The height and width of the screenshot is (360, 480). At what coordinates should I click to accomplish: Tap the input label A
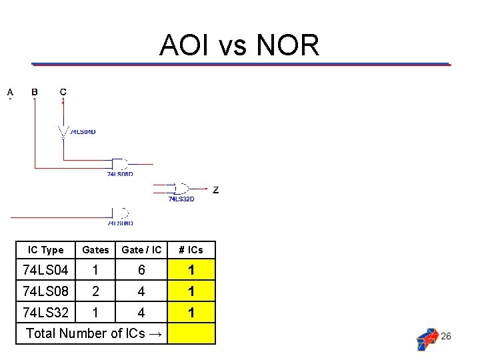tap(10, 92)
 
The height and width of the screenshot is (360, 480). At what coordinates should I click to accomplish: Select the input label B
tap(35, 92)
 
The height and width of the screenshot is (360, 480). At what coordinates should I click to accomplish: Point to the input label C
tap(63, 92)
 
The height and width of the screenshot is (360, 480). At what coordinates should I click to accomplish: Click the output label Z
tap(215, 190)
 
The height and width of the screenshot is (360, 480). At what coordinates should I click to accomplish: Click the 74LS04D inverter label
tap(83, 132)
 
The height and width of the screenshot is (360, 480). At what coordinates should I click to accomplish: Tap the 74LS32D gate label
tap(181, 199)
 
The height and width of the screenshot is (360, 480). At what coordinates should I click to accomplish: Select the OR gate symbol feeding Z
tap(179, 189)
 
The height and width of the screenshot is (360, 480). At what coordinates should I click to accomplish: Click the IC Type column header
tap(45, 250)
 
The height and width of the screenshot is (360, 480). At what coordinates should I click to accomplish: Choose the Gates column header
tap(95, 250)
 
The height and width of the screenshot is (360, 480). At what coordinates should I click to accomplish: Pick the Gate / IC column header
tap(141, 250)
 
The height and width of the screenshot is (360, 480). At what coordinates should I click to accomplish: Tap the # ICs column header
tap(191, 250)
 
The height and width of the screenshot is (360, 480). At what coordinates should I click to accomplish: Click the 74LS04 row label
tap(45, 270)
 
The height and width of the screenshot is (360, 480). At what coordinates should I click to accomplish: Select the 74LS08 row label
tap(45, 291)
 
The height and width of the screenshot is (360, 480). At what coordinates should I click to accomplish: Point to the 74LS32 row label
tap(45, 312)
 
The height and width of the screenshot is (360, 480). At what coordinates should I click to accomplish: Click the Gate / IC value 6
tap(141, 270)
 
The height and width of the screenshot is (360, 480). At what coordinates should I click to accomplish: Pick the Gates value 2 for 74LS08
tap(95, 291)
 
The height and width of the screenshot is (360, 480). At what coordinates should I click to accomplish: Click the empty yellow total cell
tap(191, 333)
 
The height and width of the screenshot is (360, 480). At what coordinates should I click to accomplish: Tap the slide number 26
tap(446, 336)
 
